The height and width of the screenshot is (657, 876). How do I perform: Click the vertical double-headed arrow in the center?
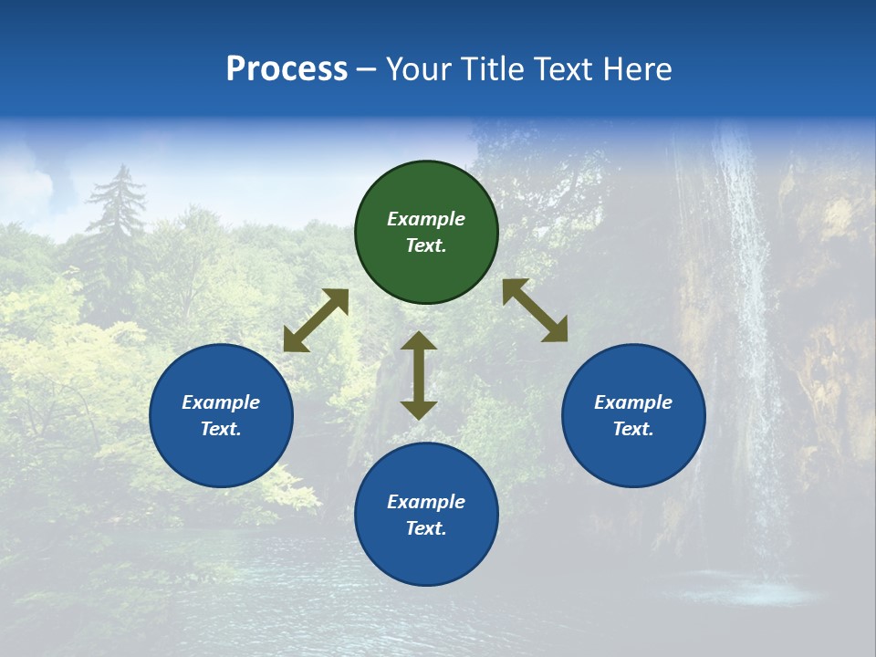(x=419, y=375)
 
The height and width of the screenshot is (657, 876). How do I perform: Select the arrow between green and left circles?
(x=316, y=320)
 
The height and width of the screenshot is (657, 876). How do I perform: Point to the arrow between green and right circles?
(x=535, y=310)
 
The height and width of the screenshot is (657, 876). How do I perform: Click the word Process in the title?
(x=287, y=68)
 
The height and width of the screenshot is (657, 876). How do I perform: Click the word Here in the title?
(x=638, y=68)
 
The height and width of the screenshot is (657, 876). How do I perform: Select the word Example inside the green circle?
(x=426, y=219)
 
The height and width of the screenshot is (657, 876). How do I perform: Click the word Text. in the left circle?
(x=221, y=429)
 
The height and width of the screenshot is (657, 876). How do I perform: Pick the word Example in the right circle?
(x=633, y=402)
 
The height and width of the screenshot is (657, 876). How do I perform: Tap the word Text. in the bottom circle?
(x=426, y=528)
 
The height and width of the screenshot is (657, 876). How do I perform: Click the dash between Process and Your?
(x=366, y=69)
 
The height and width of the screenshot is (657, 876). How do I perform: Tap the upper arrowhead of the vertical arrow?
(x=419, y=342)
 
